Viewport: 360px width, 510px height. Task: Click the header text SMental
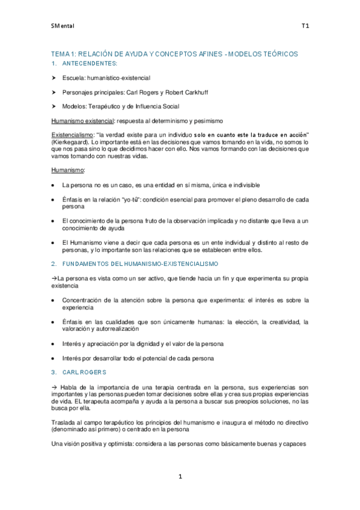[x=61, y=26]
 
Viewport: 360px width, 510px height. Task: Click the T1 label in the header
[x=305, y=26]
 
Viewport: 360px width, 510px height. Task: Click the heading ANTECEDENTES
[x=90, y=63]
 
